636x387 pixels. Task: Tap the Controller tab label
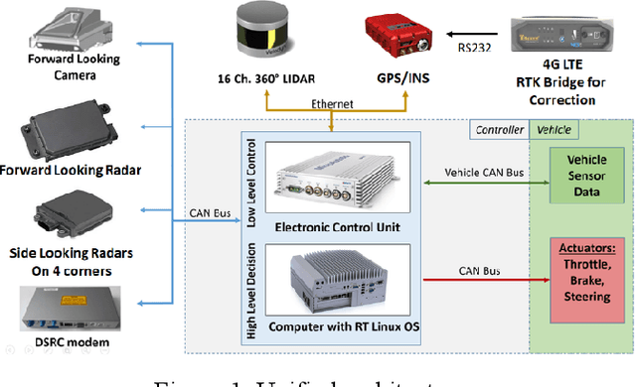coord(498,129)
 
